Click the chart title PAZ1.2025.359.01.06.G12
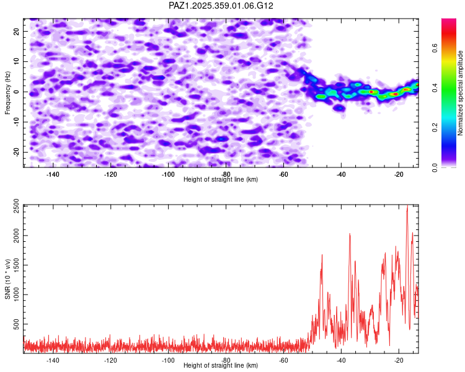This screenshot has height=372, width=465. pyautogui.click(x=221, y=6)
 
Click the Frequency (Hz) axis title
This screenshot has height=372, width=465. pyautogui.click(x=7, y=92)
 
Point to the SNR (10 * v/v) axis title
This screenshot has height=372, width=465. pyautogui.click(x=7, y=278)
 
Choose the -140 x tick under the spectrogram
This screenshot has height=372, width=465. pyautogui.click(x=53, y=174)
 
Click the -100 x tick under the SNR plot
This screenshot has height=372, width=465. pyautogui.click(x=168, y=360)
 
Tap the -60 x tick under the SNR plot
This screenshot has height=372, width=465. pyautogui.click(x=283, y=360)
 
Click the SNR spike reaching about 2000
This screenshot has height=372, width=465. pyautogui.click(x=350, y=234)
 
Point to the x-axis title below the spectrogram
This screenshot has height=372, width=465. pyautogui.click(x=221, y=180)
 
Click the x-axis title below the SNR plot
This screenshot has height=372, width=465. pyautogui.click(x=221, y=366)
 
